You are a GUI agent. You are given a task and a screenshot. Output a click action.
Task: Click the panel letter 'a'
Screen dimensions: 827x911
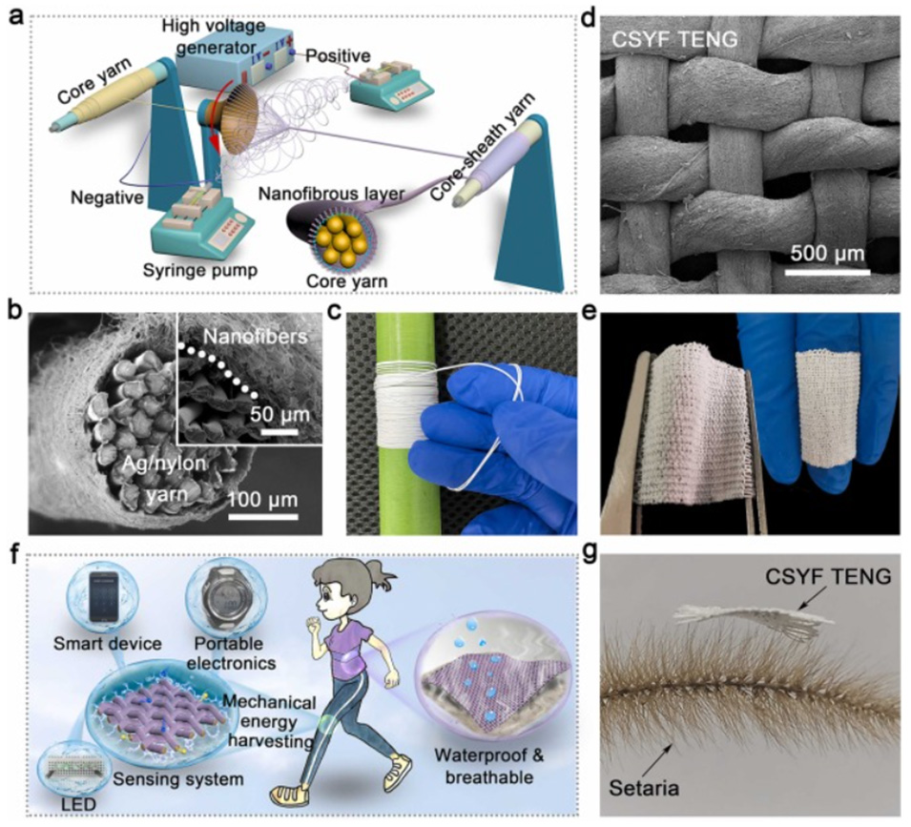click(17, 18)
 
